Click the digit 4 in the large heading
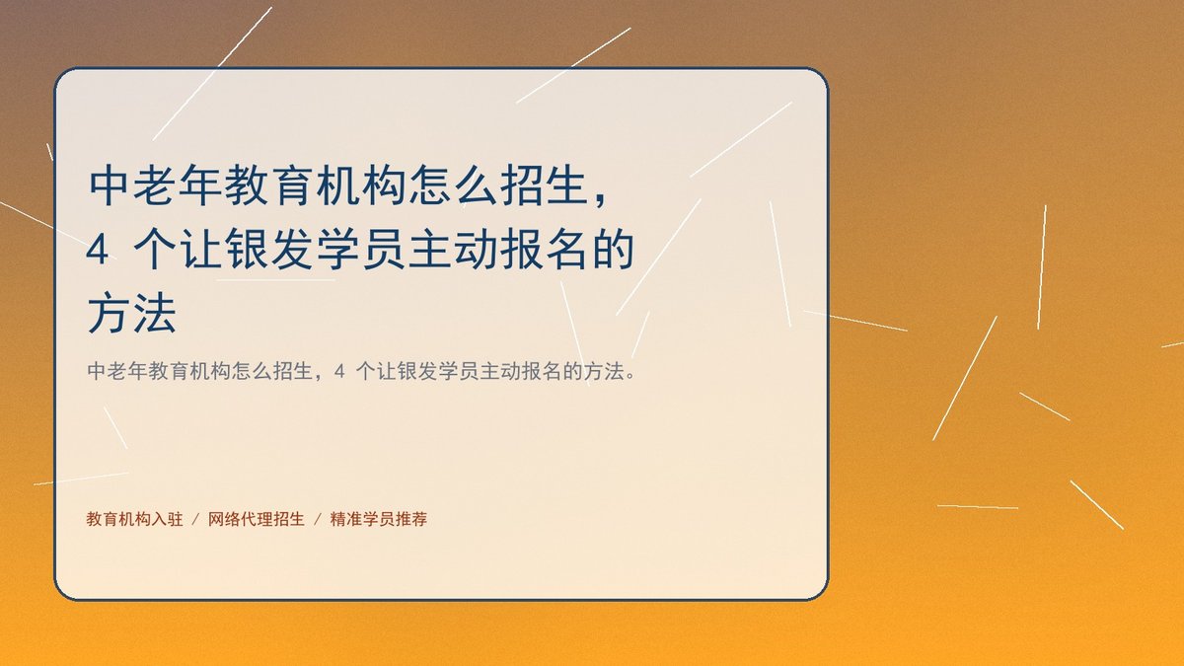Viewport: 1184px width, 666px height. click(98, 250)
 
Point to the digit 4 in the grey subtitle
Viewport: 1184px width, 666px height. click(339, 372)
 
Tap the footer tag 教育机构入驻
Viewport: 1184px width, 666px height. click(135, 519)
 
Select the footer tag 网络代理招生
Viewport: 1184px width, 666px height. click(257, 519)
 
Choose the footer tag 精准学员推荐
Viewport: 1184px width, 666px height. click(379, 519)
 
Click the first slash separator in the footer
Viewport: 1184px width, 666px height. click(195, 520)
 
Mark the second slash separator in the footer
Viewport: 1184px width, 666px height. click(318, 520)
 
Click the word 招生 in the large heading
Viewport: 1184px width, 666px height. click(544, 185)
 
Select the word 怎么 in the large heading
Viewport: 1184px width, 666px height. click(453, 185)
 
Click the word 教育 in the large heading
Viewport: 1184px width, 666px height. click(269, 185)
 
